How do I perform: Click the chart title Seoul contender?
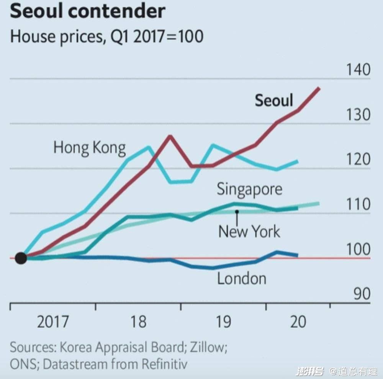point(87,11)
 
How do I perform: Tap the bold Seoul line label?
point(274,100)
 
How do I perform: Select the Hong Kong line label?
point(89,148)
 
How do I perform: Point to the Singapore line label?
point(249,189)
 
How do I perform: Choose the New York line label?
point(249,232)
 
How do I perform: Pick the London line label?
point(241,278)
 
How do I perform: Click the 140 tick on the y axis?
point(358,70)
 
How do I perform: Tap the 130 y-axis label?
point(358,115)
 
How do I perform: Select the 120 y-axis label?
point(358,160)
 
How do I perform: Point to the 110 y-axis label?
point(358,204)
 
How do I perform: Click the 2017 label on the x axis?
point(53,322)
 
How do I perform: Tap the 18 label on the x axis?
point(138,322)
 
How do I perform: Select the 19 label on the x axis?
point(223,322)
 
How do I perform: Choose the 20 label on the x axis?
point(298,322)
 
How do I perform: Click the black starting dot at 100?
point(21,258)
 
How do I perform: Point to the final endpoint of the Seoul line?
point(319,88)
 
